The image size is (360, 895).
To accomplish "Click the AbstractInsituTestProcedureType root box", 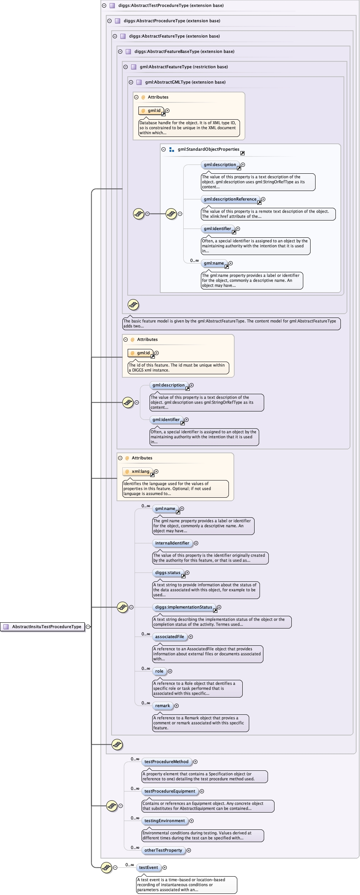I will pos(43,627).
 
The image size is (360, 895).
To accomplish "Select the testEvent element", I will pos(148,867).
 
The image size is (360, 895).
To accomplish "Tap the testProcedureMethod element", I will pos(166,762).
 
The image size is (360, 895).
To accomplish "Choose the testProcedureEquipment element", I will pos(169,791).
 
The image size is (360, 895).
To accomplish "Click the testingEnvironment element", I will pos(164,821).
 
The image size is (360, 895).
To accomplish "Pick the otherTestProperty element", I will pos(163,850).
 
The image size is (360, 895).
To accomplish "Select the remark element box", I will pos(163,706).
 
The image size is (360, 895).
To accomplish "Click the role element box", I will pos(159,671).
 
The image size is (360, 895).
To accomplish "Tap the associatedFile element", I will pos(169,637).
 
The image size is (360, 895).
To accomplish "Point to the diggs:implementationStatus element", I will pos(184,607).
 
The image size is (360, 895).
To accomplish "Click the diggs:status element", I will pos(168,573).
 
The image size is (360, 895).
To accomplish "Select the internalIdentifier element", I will pos(172,543).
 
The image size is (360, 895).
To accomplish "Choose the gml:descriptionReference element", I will pos(230,199).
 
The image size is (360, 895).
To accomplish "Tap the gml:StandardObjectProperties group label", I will pos(208,149).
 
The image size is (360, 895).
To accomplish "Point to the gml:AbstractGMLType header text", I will pos(185,82).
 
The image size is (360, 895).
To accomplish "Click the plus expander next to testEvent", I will pos(165,867).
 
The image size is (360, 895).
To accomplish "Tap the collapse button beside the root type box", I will pos(88,627).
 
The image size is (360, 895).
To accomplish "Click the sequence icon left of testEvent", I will pos(106,867).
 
